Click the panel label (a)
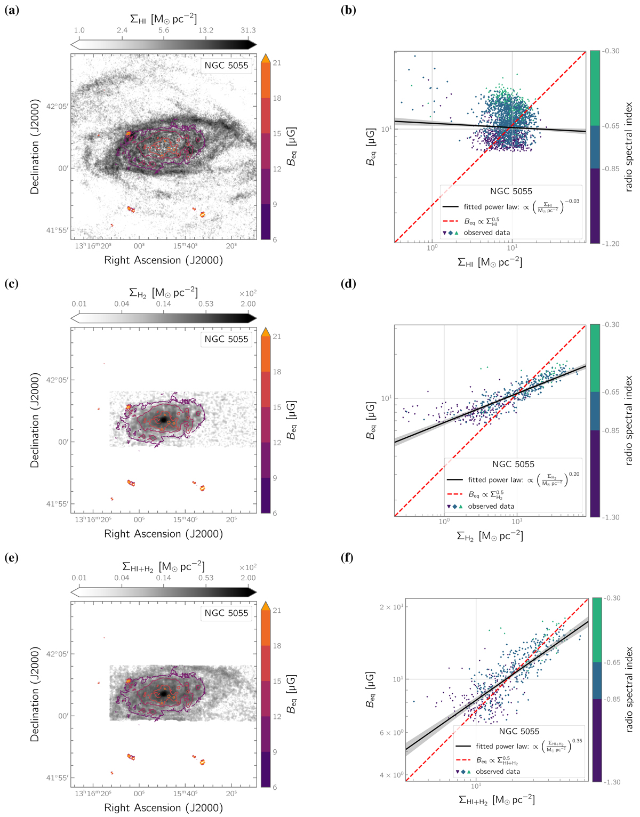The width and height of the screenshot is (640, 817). [11, 10]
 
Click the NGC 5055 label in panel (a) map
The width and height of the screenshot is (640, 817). [227, 66]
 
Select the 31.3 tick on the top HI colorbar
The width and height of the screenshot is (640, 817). [248, 30]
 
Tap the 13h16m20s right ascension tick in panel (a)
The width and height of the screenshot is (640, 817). [93, 246]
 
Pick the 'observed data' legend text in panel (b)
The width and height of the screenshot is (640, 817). [486, 233]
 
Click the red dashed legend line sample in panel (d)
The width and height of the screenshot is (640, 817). [454, 494]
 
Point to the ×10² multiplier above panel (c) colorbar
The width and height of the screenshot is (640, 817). [247, 293]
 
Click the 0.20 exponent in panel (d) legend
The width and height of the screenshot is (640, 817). [574, 474]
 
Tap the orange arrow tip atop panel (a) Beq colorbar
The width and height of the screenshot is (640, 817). [265, 57]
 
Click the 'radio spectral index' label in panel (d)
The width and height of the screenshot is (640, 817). [628, 421]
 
